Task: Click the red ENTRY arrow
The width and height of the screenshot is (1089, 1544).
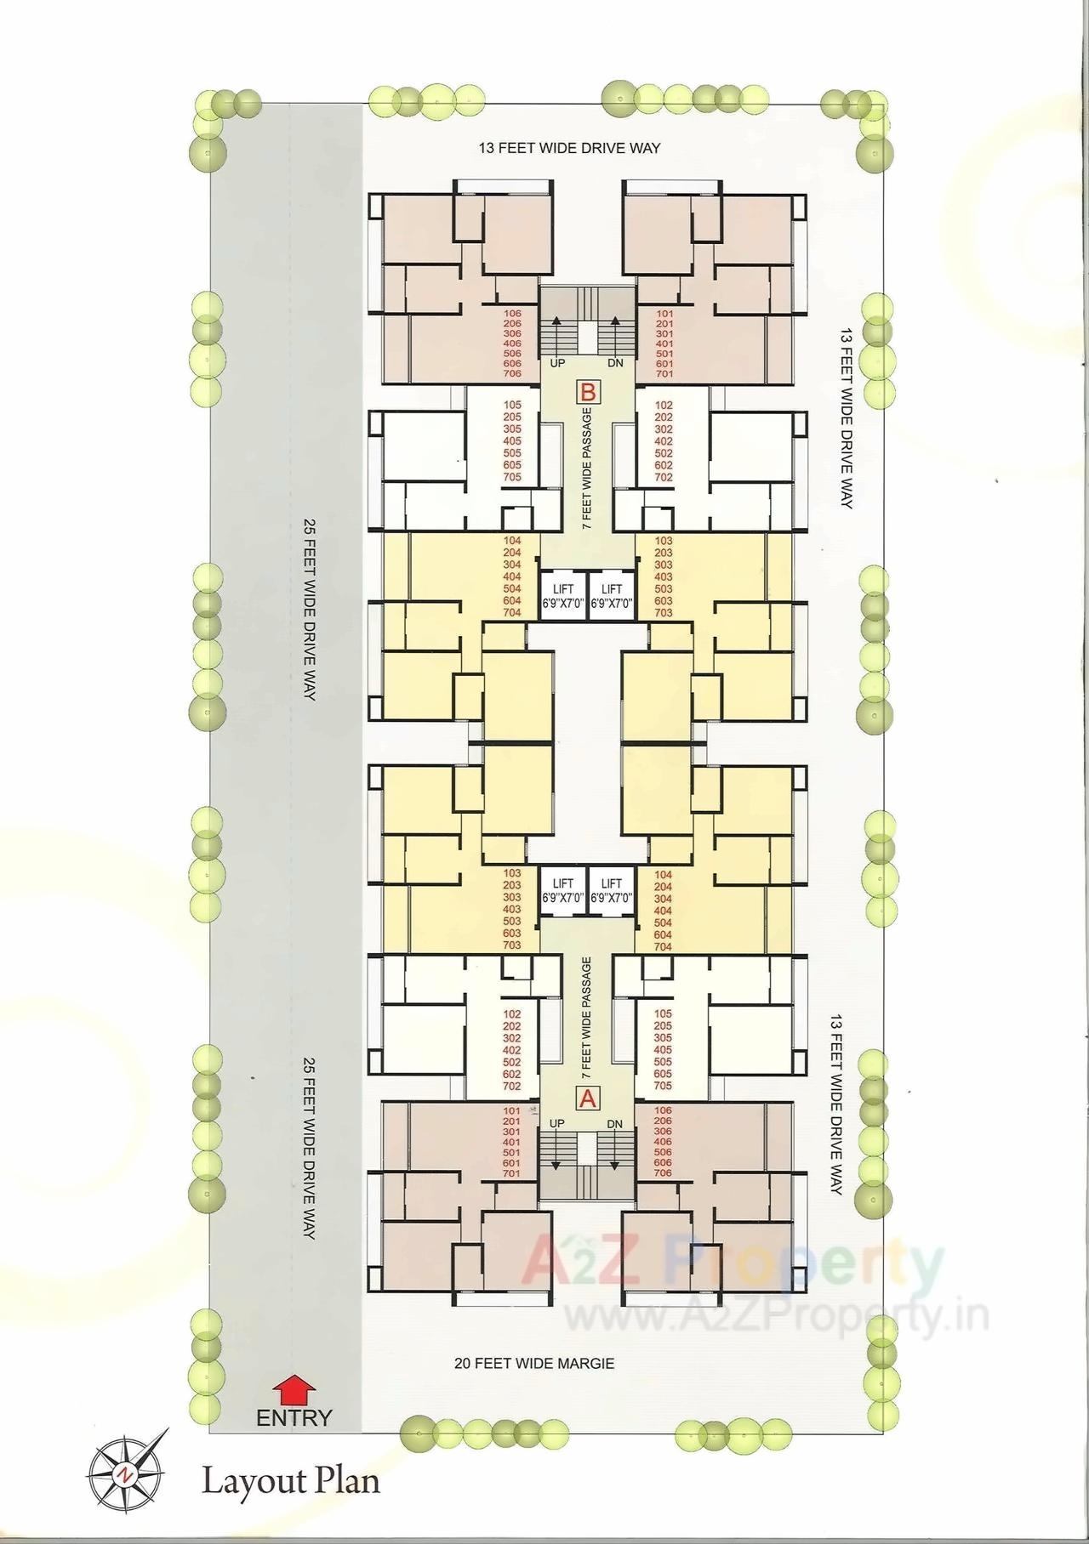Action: (294, 1390)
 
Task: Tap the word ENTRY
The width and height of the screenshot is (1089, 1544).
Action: (294, 1417)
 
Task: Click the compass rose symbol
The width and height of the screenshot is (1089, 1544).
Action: (126, 1473)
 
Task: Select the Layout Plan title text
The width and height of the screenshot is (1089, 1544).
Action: (290, 1481)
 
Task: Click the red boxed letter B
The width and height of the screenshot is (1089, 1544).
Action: (589, 393)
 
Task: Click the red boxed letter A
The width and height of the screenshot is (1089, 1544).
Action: (588, 1098)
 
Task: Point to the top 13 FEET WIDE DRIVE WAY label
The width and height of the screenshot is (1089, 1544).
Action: (569, 148)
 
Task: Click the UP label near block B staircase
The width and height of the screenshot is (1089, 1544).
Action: (557, 363)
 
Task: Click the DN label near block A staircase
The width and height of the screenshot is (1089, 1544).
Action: (615, 1124)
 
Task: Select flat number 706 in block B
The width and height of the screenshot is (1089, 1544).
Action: (512, 374)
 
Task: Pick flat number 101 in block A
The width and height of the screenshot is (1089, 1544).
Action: (511, 1111)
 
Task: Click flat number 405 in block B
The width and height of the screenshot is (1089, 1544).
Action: (512, 441)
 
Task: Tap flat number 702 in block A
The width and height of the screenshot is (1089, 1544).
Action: (511, 1087)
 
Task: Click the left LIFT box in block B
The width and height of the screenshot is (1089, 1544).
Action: (563, 596)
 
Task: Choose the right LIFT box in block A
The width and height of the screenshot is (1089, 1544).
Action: (612, 891)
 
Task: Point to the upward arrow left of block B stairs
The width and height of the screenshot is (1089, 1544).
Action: (558, 331)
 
